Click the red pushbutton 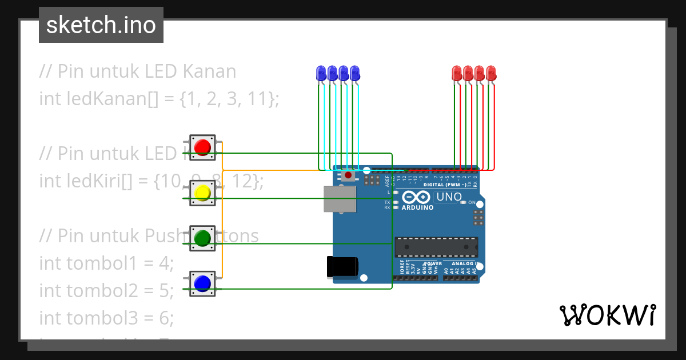pyautogui.click(x=202, y=148)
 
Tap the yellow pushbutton pyautogui.click(x=202, y=193)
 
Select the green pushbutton pyautogui.click(x=202, y=238)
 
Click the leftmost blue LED pyautogui.click(x=321, y=73)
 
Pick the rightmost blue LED pyautogui.click(x=354, y=73)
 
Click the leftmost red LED pyautogui.click(x=457, y=73)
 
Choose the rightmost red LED pyautogui.click(x=490, y=73)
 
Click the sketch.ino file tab pyautogui.click(x=101, y=25)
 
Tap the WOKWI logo pyautogui.click(x=607, y=315)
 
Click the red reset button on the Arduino pyautogui.click(x=348, y=175)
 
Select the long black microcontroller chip pyautogui.click(x=436, y=247)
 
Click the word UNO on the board pyautogui.click(x=449, y=197)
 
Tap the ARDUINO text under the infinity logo pyautogui.click(x=417, y=207)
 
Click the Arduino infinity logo pyautogui.click(x=416, y=197)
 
